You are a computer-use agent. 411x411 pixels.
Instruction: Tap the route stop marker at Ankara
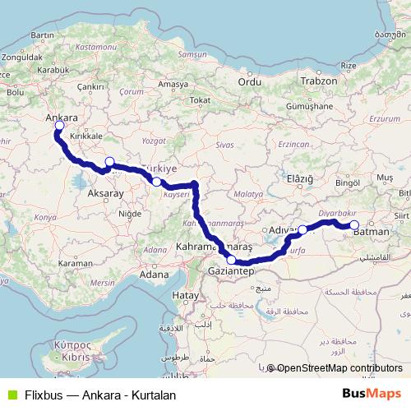coord(58,127)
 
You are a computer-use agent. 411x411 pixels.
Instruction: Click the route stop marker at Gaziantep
coord(232,261)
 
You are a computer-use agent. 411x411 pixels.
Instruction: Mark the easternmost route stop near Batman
coord(354,224)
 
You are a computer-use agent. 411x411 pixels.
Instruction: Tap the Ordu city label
coord(249,81)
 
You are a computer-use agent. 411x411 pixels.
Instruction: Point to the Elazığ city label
coord(300,178)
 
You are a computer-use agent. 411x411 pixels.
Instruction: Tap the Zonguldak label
coord(22,58)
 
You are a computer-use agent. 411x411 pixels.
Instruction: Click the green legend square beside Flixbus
coord(10,395)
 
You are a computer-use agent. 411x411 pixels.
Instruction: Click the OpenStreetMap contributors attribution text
coord(339,368)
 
